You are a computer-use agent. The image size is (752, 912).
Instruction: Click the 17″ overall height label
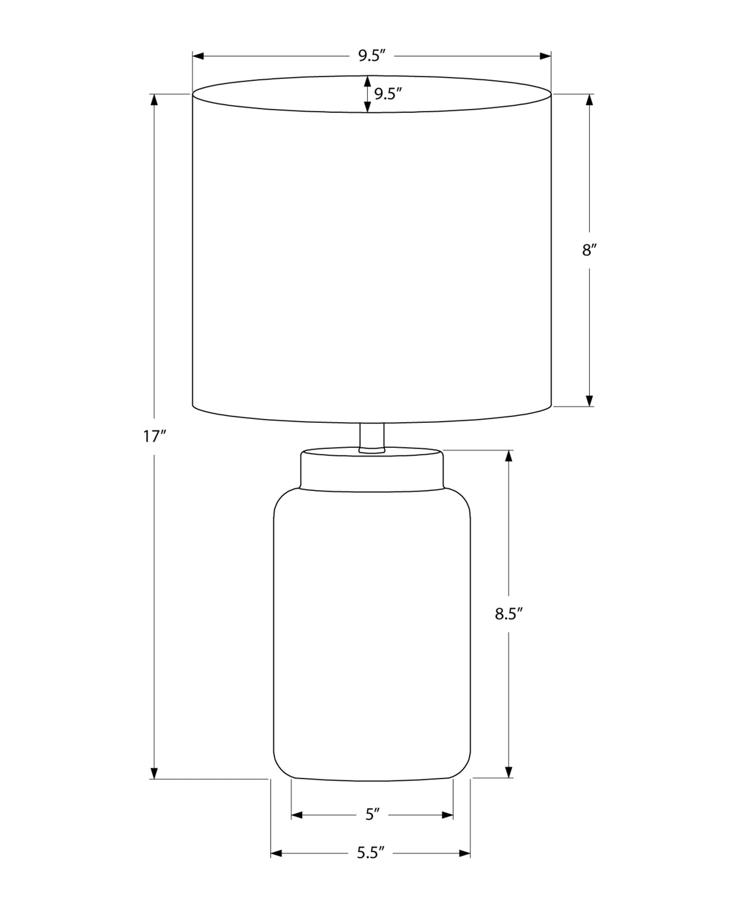[155, 437]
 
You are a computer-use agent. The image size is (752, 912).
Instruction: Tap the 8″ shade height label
[589, 251]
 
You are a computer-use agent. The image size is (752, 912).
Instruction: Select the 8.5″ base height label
[509, 614]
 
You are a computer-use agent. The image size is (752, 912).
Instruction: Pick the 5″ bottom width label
[372, 814]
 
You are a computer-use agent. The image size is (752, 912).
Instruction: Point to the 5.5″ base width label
[370, 852]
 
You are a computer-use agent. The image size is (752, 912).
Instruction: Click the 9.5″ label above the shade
[372, 56]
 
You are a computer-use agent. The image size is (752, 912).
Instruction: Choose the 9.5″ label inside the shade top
[387, 93]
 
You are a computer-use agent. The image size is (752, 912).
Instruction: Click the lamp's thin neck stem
[372, 438]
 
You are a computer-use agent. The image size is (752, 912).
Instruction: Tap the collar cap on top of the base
[372, 469]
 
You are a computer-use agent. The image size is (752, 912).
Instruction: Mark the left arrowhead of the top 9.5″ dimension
[198, 56]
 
